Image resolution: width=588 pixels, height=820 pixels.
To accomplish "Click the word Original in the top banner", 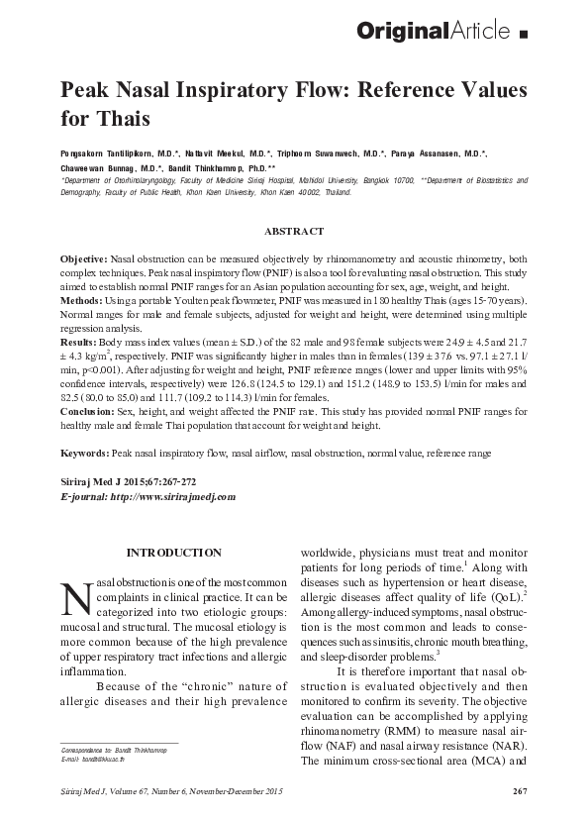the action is [x=405, y=33].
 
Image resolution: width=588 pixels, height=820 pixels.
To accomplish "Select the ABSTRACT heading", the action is [x=293, y=231].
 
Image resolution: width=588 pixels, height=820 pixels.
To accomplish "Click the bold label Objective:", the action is [x=85, y=256].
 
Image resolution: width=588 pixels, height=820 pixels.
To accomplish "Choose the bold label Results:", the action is [x=80, y=341].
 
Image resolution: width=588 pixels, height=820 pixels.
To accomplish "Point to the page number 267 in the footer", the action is [x=519, y=789].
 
